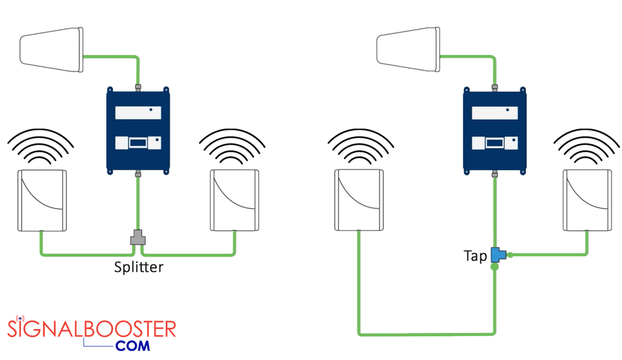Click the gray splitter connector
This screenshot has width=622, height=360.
point(138,237)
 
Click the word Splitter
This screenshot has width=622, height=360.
point(138,267)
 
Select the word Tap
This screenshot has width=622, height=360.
point(475,256)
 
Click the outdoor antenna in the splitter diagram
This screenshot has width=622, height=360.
point(52,49)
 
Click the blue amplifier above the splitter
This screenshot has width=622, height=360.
point(138,130)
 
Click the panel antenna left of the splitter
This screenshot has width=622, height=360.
point(42,200)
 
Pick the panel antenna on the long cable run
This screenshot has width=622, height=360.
point(360,200)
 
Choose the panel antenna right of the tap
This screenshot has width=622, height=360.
point(587,200)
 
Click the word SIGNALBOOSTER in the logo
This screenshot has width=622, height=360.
point(91,329)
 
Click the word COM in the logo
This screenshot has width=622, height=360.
point(132,347)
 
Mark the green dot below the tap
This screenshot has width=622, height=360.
point(495,267)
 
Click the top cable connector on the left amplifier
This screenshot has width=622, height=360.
point(138,87)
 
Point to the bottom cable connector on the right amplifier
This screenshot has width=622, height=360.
point(495,175)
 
